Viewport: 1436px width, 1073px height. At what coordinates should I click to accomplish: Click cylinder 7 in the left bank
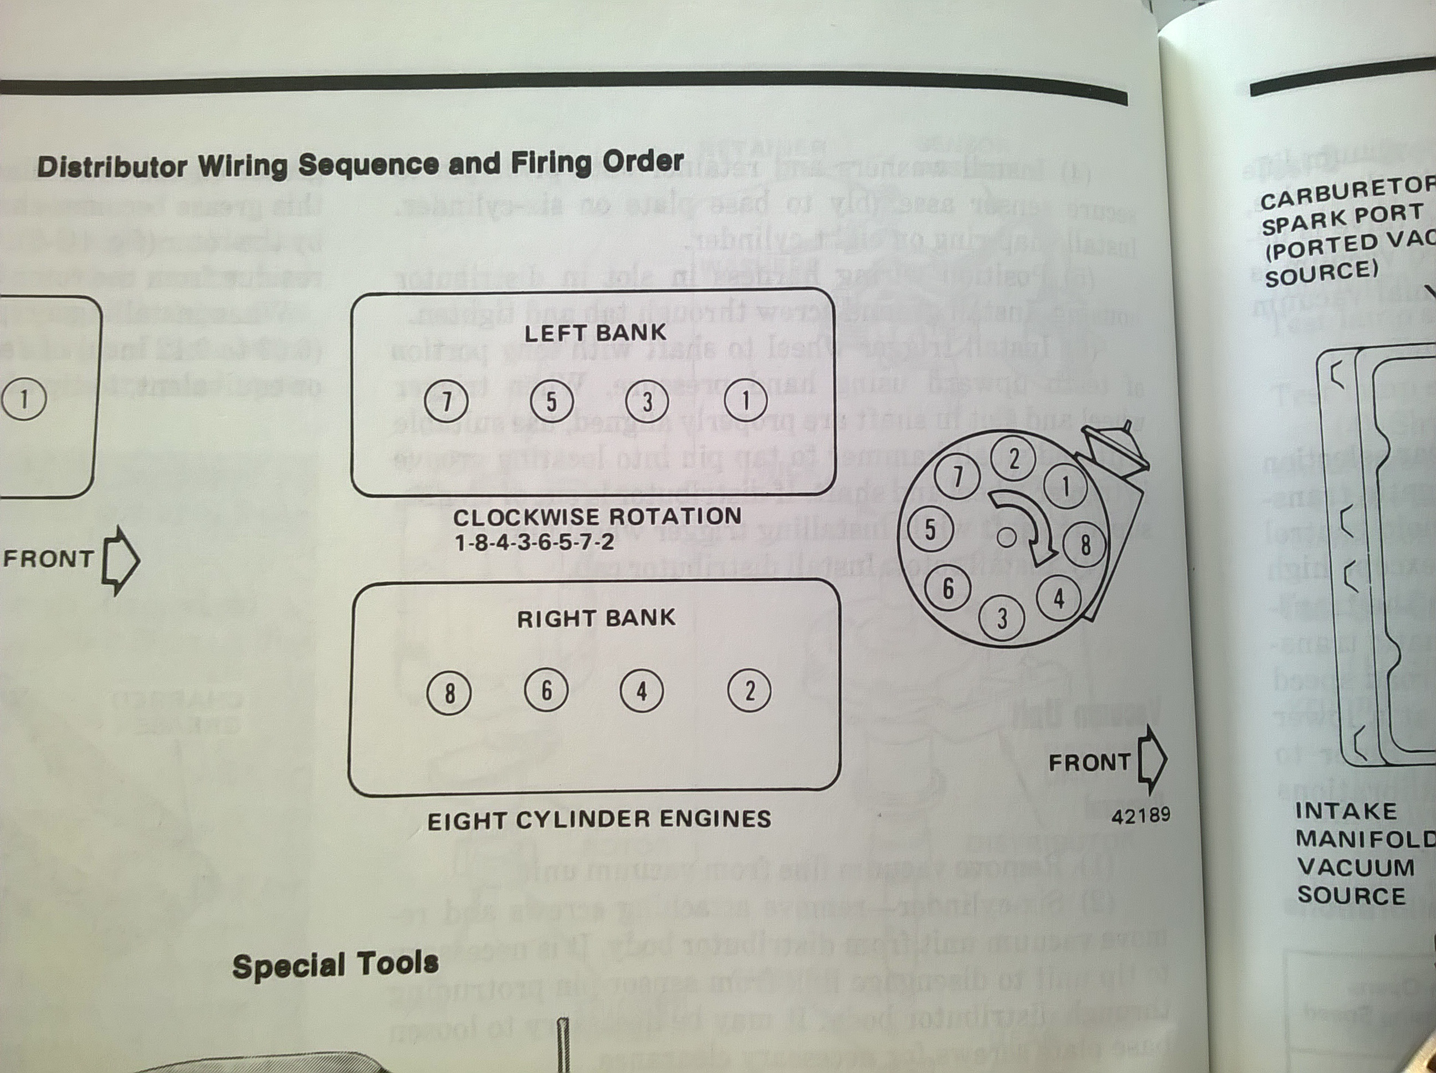(x=446, y=402)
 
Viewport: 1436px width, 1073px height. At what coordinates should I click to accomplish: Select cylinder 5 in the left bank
(x=551, y=401)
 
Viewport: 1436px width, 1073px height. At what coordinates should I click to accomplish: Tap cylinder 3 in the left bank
(x=647, y=401)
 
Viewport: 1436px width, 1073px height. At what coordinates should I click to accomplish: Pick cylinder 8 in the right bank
(x=449, y=693)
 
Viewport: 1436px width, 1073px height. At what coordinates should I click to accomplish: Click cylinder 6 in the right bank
(x=546, y=690)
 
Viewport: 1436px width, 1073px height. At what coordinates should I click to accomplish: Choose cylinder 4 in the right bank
(x=642, y=691)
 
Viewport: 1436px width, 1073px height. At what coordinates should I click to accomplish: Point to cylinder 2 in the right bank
(x=749, y=691)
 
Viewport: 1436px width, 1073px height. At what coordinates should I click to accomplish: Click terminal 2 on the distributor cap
(x=1013, y=460)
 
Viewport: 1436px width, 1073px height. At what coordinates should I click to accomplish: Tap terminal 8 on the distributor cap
(x=1085, y=544)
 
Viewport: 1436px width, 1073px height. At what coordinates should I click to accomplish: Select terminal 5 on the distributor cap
(x=930, y=529)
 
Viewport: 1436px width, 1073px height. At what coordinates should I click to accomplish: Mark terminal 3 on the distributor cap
(x=1002, y=619)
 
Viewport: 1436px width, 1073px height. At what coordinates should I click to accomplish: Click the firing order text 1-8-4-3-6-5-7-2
(x=534, y=541)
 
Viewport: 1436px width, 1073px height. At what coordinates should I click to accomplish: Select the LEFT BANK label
(x=596, y=333)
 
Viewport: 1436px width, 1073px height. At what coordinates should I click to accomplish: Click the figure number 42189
(x=1140, y=815)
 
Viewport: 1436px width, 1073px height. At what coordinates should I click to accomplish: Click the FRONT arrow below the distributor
(x=1152, y=760)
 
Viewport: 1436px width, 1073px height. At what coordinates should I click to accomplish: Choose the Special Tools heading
(x=335, y=964)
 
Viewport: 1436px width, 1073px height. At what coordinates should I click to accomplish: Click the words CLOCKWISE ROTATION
(x=597, y=517)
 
